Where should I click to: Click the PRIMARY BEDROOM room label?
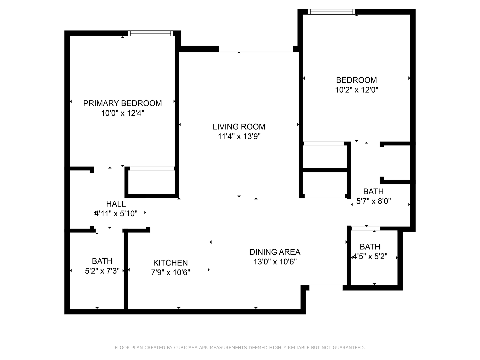122,103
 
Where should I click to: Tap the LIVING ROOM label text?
239,127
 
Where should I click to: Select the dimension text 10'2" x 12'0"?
356,90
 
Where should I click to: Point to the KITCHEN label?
170,263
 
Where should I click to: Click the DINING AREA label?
275,252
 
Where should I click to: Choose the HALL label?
116,204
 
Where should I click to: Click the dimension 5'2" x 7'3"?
102,271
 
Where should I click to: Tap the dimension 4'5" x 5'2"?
370,257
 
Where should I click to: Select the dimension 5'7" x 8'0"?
373,201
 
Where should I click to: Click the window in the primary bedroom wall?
150,33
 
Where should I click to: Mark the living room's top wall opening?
256,49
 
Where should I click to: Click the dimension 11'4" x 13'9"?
239,136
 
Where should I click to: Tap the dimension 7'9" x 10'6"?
170,273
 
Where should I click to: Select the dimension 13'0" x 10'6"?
275,262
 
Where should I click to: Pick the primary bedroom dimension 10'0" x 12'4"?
122,113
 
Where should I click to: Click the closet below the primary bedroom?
152,182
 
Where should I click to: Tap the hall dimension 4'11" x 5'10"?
116,214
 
